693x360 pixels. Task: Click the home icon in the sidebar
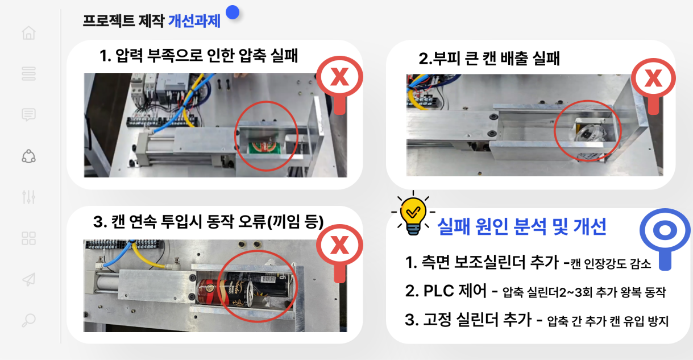point(29,32)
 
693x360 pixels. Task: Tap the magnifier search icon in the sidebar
point(29,320)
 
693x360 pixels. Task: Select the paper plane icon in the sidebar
point(29,279)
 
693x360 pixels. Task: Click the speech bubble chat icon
point(29,114)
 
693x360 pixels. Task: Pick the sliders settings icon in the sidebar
point(29,197)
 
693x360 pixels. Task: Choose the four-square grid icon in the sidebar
point(29,238)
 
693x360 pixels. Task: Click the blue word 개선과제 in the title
point(194,21)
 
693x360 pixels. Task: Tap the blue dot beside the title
point(233,13)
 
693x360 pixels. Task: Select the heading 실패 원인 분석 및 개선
point(522,226)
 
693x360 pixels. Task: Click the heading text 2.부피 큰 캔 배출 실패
point(489,58)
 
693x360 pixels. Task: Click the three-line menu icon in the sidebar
point(29,74)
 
